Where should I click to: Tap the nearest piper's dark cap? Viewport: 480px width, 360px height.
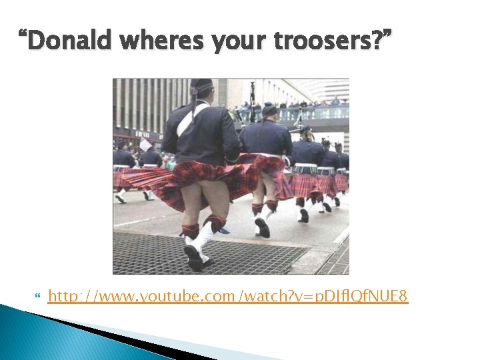click(x=201, y=85)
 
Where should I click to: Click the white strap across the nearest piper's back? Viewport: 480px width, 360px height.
click(x=187, y=119)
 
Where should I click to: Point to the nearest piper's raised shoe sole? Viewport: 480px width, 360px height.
click(x=193, y=257)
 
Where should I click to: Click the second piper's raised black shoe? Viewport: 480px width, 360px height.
click(x=263, y=227)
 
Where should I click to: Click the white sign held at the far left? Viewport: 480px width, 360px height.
click(x=145, y=145)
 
